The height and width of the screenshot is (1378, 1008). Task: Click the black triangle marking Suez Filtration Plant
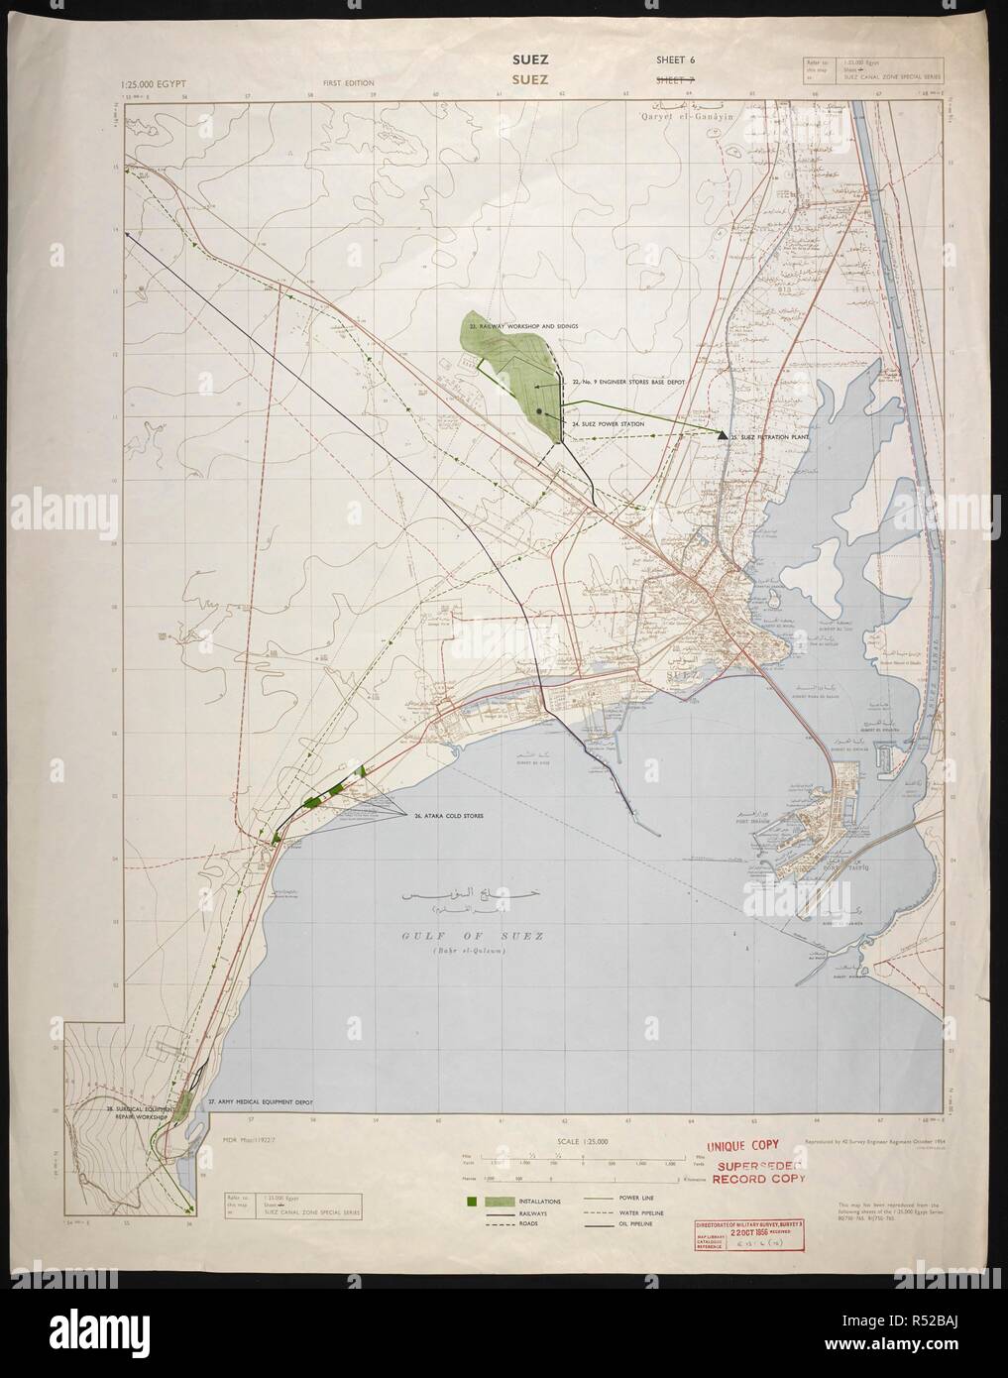tap(723, 434)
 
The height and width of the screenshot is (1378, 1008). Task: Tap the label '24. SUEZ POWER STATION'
tap(608, 423)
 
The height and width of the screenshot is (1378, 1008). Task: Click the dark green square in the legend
tap(472, 1202)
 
